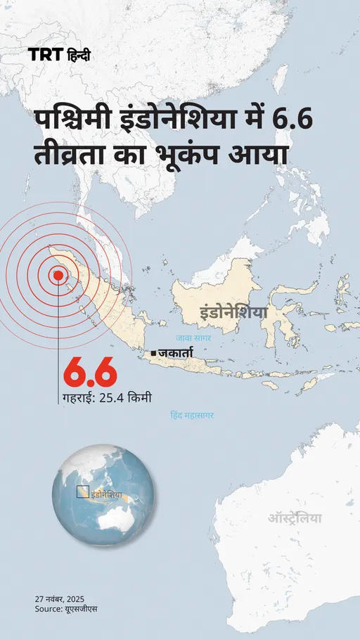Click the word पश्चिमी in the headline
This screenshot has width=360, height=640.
[x=76, y=121]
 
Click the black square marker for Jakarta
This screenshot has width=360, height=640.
[x=153, y=350]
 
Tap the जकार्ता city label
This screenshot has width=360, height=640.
[x=175, y=349]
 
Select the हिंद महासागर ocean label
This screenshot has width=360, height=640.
[x=192, y=416]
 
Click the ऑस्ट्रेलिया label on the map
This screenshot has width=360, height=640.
[x=295, y=518]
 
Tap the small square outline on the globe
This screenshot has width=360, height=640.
[x=82, y=491]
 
